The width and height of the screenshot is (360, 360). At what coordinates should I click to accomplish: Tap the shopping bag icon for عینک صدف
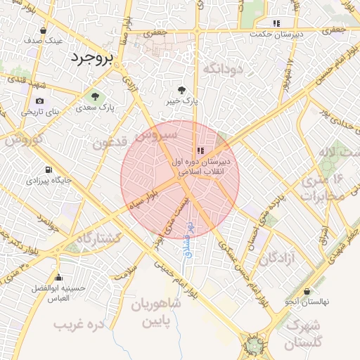(x=44, y=30)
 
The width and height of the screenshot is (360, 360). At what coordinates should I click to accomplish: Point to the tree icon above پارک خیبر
(x=181, y=89)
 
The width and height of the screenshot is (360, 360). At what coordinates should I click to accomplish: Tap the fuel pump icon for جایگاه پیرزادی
(x=47, y=169)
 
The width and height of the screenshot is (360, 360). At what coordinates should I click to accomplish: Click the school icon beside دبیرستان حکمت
(x=276, y=23)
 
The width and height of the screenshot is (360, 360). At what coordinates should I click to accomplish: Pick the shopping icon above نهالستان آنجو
(x=307, y=292)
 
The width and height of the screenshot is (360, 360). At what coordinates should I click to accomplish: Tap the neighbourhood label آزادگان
(x=279, y=259)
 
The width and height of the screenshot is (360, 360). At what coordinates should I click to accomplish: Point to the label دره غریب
(x=79, y=324)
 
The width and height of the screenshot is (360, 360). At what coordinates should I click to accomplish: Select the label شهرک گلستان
(x=304, y=334)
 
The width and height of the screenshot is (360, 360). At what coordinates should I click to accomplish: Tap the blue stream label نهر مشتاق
(x=189, y=238)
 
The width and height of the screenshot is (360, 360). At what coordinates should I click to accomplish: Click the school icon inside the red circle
(x=200, y=150)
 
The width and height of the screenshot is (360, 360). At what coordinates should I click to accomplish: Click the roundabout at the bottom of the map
(x=252, y=345)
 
